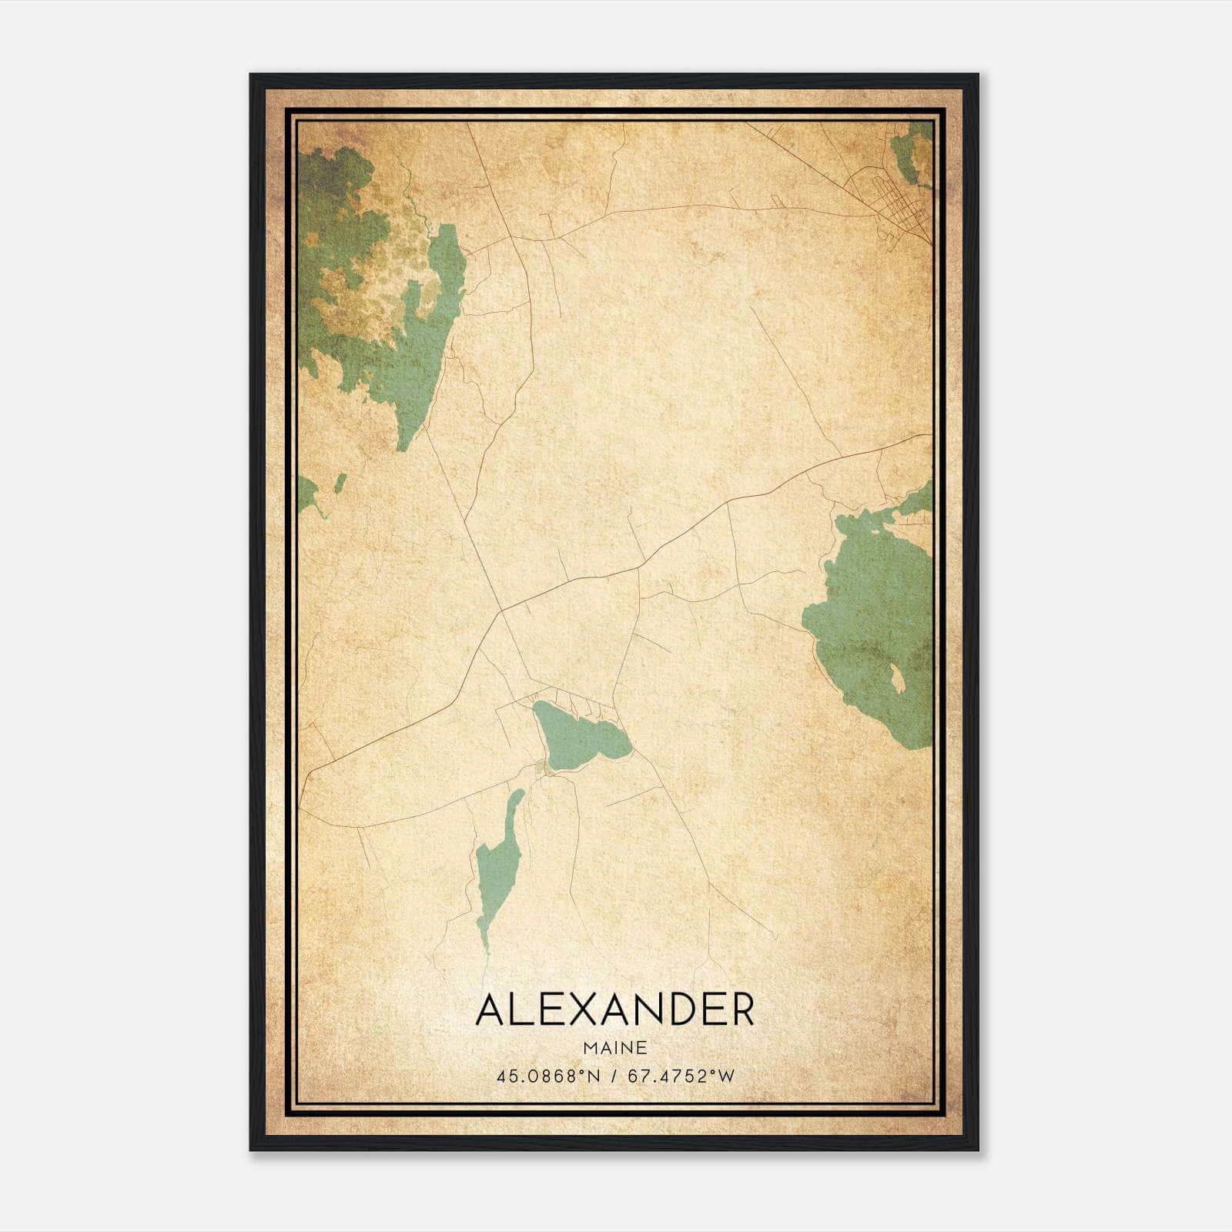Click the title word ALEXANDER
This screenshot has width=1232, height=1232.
(x=615, y=1010)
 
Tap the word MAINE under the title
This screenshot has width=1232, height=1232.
(x=614, y=1048)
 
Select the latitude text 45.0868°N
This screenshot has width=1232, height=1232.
(x=547, y=1076)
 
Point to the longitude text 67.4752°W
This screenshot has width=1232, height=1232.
(x=681, y=1076)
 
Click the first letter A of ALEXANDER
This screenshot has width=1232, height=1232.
(x=490, y=1010)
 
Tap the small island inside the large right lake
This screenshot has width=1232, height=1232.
(x=897, y=680)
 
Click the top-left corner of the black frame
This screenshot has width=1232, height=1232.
(x=251, y=75)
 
